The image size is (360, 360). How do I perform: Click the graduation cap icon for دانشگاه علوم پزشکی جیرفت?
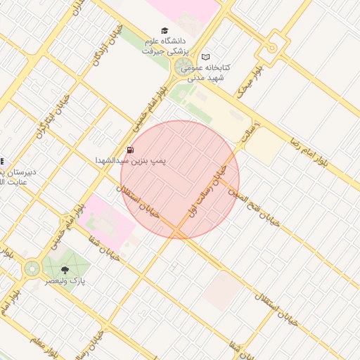coord(165,32)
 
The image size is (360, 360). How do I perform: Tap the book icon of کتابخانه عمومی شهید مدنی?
coord(205,57)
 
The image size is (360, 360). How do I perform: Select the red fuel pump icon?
coord(130,150)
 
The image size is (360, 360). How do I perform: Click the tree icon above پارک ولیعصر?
coord(65,269)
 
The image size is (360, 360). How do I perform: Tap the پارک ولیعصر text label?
coord(65,281)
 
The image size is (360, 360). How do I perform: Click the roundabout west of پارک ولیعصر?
coord(31,268)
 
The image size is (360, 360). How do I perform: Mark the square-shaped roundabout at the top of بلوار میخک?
coord(271,49)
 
